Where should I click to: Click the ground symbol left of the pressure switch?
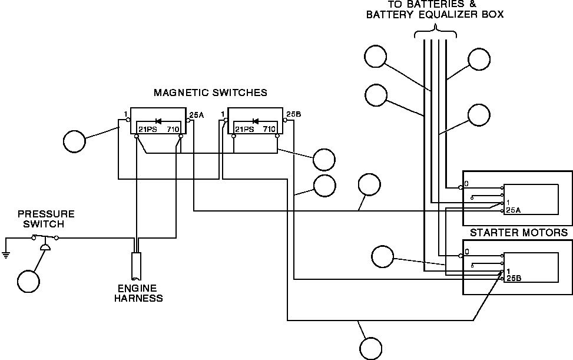[5, 255]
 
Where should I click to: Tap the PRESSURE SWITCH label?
[45, 219]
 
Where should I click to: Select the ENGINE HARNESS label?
[138, 293]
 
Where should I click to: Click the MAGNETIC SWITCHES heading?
[210, 93]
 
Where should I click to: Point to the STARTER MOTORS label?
[519, 233]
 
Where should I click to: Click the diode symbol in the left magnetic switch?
[158, 121]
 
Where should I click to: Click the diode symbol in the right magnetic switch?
[256, 121]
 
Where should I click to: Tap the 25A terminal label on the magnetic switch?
[197, 115]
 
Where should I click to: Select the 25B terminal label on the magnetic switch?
[294, 114]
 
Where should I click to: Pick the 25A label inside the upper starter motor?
[513, 210]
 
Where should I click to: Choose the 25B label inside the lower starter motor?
[514, 278]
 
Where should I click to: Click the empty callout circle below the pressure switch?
[28, 282]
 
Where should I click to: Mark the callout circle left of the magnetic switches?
[75, 141]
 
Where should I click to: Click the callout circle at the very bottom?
[371, 348]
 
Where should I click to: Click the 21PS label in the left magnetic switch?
[148, 130]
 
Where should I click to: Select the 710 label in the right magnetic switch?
[269, 130]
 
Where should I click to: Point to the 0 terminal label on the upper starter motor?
[466, 183]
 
